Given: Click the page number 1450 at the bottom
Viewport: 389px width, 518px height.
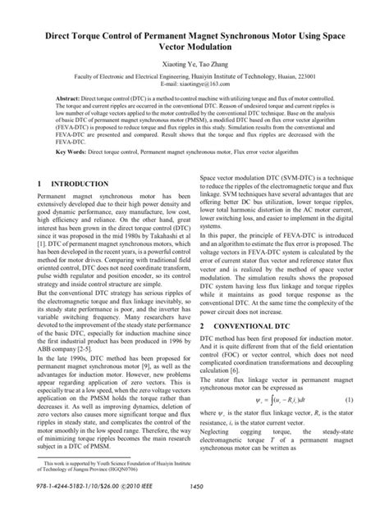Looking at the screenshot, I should (195, 508).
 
